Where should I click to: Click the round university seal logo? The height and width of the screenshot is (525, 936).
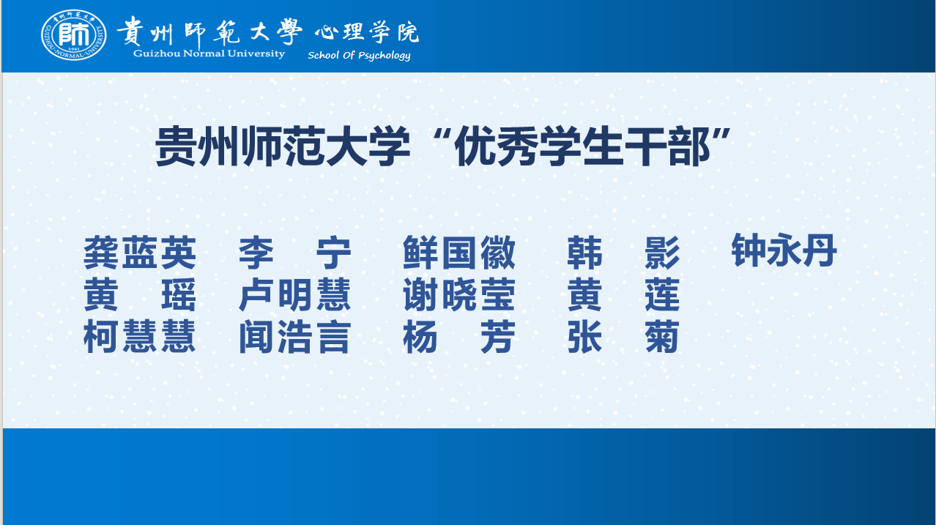tap(73, 34)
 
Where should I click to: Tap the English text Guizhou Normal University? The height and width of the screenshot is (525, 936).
tap(209, 54)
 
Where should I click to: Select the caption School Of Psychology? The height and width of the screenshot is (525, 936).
tap(359, 55)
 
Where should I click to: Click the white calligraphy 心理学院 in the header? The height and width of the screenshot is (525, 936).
tap(367, 32)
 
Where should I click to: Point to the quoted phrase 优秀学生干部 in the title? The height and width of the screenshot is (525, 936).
tap(582, 146)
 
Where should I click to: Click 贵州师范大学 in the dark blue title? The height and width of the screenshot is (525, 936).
tap(283, 146)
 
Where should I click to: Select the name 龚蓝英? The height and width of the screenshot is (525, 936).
tap(140, 253)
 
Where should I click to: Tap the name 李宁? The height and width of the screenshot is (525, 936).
tap(295, 253)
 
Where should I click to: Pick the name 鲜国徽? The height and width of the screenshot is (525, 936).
tap(458, 253)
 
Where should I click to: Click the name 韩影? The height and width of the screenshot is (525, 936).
tap(623, 253)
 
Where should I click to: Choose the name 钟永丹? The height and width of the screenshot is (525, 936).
tap(784, 250)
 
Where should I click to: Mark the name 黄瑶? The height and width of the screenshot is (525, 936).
tap(140, 294)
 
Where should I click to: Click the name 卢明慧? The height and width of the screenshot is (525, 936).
tap(295, 294)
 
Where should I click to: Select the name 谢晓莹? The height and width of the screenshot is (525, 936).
tap(458, 294)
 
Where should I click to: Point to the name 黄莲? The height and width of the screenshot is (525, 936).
tap(623, 294)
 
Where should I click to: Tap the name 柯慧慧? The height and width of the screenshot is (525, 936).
tap(140, 337)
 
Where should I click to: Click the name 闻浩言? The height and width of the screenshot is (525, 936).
tap(295, 337)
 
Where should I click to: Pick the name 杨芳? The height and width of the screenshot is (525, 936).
tap(458, 337)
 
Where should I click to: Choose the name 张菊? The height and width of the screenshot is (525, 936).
tap(623, 337)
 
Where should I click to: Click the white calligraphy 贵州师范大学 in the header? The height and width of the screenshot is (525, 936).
tap(209, 31)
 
